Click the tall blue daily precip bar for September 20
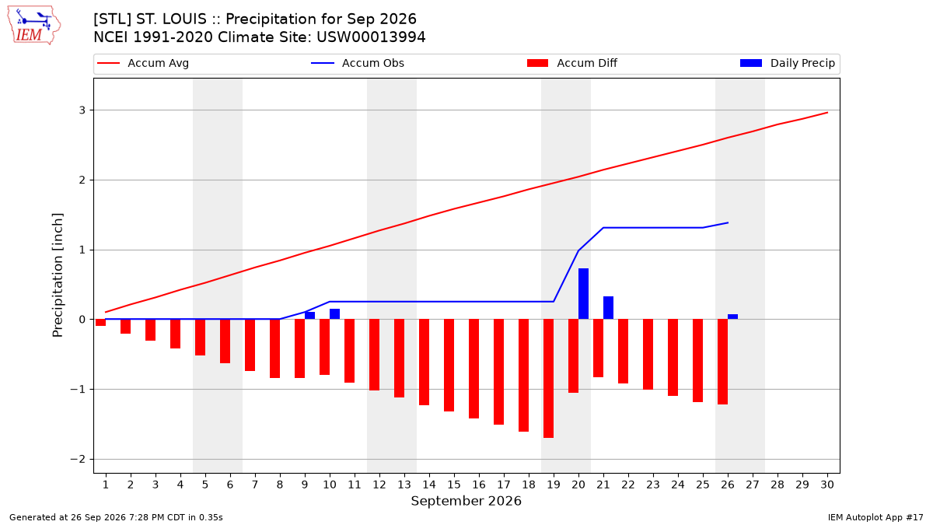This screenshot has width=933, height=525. click(x=583, y=294)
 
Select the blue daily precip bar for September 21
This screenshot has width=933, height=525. click(x=608, y=308)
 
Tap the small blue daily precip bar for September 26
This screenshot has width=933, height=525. click(x=732, y=317)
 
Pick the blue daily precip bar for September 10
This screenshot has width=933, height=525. click(x=334, y=314)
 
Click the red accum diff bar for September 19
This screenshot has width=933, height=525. click(x=549, y=378)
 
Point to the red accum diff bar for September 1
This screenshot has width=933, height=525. click(x=100, y=323)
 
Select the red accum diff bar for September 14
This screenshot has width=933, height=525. click(x=424, y=362)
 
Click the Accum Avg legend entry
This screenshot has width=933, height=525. click(x=143, y=63)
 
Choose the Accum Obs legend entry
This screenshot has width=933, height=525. click(x=358, y=63)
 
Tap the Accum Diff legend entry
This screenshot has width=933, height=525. click(x=572, y=63)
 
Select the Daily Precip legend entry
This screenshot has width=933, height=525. click(x=788, y=63)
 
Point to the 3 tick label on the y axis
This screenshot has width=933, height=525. click(x=82, y=110)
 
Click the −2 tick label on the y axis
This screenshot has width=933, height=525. click(x=78, y=459)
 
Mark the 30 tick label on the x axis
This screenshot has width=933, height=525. click(x=827, y=485)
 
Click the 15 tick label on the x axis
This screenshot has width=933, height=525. click(x=454, y=485)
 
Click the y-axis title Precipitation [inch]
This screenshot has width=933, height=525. click(x=58, y=275)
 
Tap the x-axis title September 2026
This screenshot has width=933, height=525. click(x=466, y=501)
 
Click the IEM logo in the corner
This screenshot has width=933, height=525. click(x=34, y=26)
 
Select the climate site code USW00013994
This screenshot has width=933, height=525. click(x=371, y=37)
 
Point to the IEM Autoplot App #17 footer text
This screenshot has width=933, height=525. click(x=875, y=517)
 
